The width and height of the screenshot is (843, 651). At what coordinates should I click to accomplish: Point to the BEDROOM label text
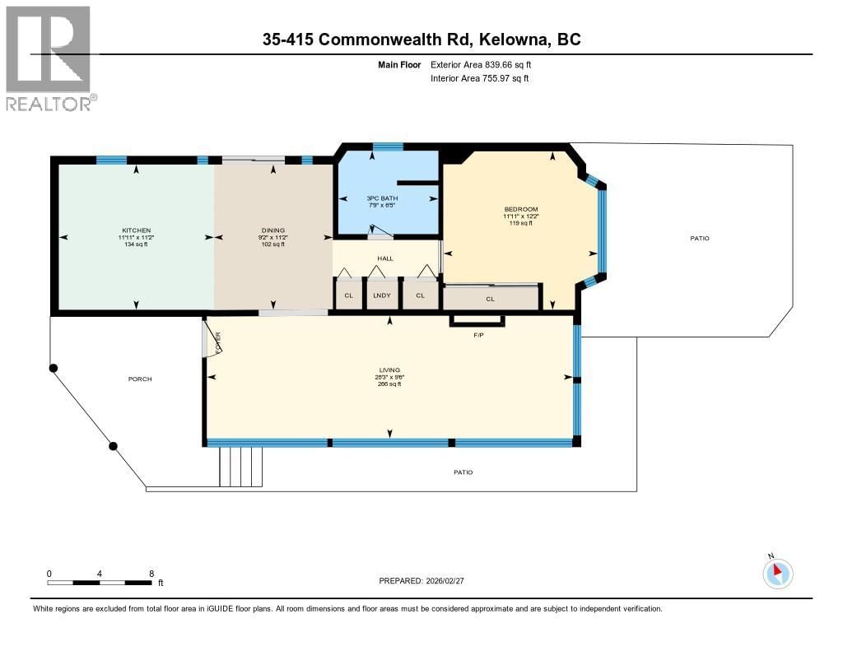[521, 209]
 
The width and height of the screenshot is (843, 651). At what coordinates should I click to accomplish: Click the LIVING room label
[389, 370]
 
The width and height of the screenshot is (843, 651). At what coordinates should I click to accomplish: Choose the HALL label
[385, 258]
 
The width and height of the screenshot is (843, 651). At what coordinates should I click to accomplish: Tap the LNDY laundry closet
[380, 295]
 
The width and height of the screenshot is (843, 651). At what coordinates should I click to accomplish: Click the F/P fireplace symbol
[477, 321]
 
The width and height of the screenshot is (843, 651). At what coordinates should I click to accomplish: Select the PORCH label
[140, 379]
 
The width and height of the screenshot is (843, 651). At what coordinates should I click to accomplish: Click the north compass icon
[777, 573]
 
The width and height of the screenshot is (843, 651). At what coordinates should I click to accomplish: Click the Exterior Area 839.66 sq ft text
[487, 64]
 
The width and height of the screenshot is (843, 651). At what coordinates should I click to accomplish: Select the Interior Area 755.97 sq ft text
[479, 78]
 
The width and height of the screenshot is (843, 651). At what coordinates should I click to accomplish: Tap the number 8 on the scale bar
[151, 573]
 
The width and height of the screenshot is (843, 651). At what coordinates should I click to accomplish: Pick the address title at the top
[422, 39]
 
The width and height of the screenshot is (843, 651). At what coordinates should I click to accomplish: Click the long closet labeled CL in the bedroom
[491, 298]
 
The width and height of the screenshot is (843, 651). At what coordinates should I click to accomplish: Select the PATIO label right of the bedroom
[700, 238]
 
